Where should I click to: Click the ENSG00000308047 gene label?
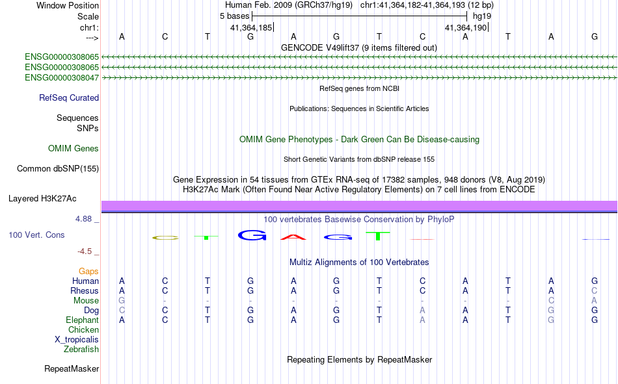click(x=62, y=77)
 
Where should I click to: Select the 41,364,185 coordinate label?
click(x=251, y=27)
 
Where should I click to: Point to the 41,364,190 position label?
click(x=466, y=27)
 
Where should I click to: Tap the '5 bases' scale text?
click(x=234, y=16)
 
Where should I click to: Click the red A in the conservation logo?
click(x=293, y=237)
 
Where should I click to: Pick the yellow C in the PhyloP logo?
click(x=165, y=238)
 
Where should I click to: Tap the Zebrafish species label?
click(x=81, y=350)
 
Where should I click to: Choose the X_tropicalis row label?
click(x=77, y=340)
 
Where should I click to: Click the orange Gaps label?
click(x=88, y=271)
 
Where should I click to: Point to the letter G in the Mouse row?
click(x=122, y=300)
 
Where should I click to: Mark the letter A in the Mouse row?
click(x=595, y=300)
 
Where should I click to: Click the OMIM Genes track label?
click(x=74, y=149)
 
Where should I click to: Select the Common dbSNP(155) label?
click(x=58, y=168)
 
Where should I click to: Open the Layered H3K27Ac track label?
click(x=42, y=199)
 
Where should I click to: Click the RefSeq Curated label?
click(x=69, y=97)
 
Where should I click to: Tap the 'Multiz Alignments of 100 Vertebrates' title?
click(x=359, y=262)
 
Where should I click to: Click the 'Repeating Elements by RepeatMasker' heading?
click(x=360, y=359)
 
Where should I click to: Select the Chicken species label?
click(x=83, y=329)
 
